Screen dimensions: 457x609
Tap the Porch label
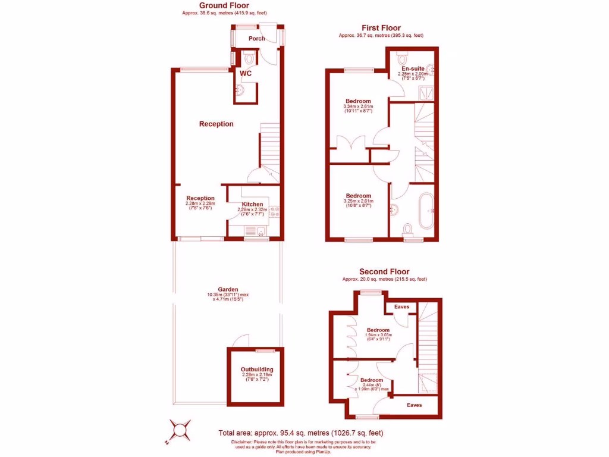point(257,39)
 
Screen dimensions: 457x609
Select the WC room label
point(246,73)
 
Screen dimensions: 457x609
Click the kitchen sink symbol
point(260,231)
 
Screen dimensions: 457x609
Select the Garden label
point(228,290)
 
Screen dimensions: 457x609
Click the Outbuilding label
point(257,370)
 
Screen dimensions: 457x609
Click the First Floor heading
point(381,28)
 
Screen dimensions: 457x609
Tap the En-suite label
point(413,68)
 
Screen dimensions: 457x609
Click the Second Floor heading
point(384,272)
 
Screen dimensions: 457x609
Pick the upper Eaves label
point(401,307)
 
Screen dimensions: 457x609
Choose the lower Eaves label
point(415,405)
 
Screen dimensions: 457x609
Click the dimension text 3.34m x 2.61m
point(358,107)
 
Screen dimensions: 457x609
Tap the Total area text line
point(301,433)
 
